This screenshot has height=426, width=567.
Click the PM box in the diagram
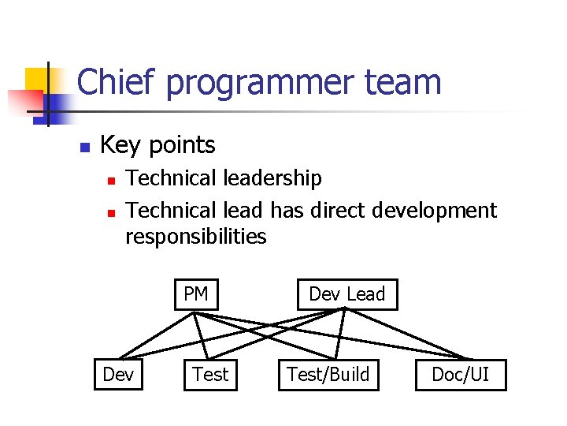(195, 295)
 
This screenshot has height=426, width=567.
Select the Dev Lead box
(346, 295)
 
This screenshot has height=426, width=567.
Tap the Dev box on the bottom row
(118, 375)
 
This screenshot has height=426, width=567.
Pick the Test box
(210, 375)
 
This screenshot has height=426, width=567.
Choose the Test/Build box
(328, 375)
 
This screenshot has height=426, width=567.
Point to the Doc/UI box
(461, 375)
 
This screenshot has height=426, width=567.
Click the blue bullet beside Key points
(86, 147)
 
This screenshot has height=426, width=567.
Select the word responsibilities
(196, 236)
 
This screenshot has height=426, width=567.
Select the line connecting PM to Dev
(156, 335)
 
